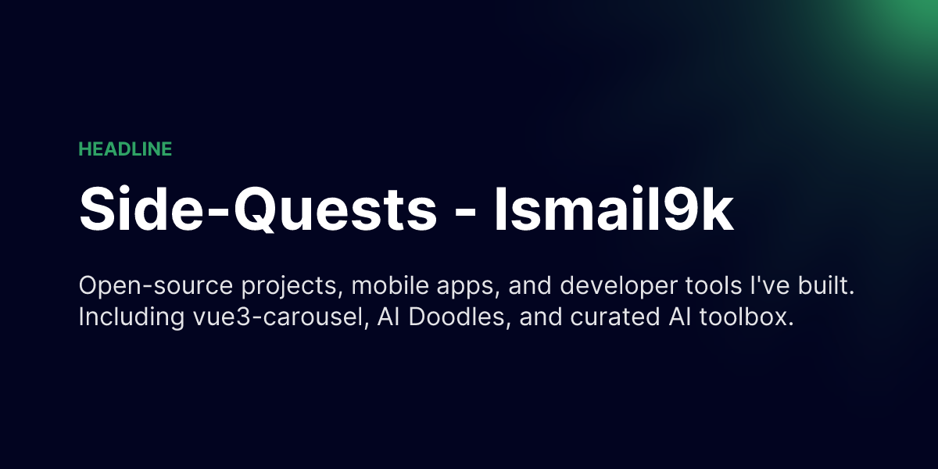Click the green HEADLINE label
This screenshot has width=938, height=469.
click(125, 149)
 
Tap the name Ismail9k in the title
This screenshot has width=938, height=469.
click(614, 207)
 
